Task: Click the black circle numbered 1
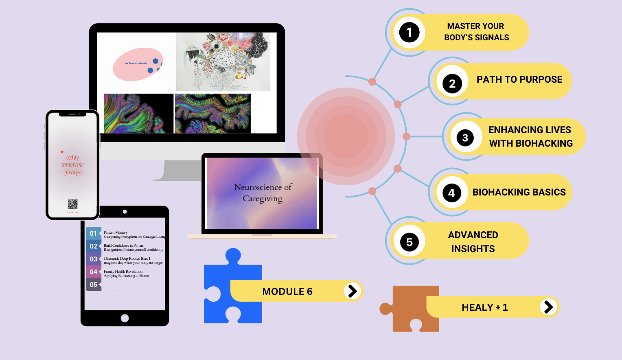pos(409,33)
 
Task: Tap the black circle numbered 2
pos(452,84)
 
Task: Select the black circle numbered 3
pos(465,138)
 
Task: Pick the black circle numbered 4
pos(451,193)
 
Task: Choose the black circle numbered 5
pos(409,242)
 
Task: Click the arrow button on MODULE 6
pos(353,291)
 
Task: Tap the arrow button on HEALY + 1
pos(548,307)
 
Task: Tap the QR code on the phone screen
pos(72,204)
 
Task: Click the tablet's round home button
pos(125,318)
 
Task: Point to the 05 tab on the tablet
pos(94,285)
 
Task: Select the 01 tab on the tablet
pos(94,233)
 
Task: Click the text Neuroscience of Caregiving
pos(263,193)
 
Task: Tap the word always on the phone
pos(72,172)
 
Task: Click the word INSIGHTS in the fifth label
pos(473,249)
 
